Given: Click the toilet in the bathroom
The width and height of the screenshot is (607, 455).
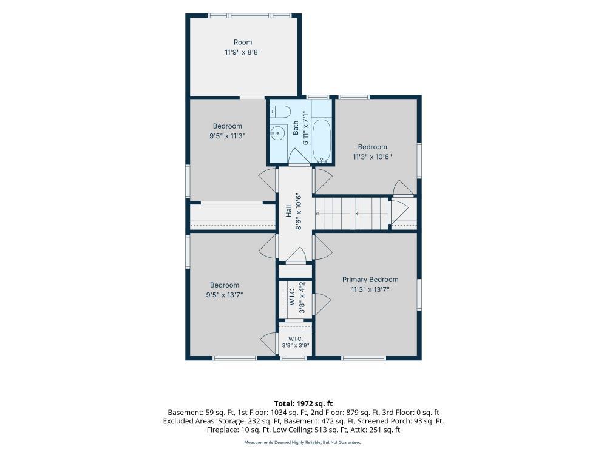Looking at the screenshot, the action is (x=280, y=112).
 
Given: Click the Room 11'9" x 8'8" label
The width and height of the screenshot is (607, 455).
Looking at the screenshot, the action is (x=243, y=47).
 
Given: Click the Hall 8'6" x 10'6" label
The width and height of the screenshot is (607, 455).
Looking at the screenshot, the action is (x=293, y=211).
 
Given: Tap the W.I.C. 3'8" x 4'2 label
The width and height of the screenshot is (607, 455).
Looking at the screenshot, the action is (x=297, y=298).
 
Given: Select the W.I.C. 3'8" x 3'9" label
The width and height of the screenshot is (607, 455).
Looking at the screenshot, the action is (x=296, y=342).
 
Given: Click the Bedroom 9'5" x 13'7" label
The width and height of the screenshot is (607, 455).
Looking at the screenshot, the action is (x=225, y=290).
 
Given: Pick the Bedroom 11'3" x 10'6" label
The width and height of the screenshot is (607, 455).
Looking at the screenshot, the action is (x=373, y=152).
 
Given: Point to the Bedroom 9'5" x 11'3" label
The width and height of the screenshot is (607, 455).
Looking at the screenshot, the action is (x=228, y=131).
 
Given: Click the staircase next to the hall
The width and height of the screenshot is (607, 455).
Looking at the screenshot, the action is (x=352, y=214).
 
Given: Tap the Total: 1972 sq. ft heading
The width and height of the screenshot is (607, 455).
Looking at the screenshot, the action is (x=303, y=404).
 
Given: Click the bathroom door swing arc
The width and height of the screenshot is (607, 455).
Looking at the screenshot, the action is (x=297, y=155).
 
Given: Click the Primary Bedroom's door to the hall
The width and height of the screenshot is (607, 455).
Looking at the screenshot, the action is (x=322, y=248).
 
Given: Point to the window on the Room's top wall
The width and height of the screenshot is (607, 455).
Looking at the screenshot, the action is (x=249, y=16).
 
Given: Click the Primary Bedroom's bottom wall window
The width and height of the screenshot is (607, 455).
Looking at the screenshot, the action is (x=364, y=359).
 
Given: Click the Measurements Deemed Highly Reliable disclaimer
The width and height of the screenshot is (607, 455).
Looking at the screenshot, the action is (x=303, y=442).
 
